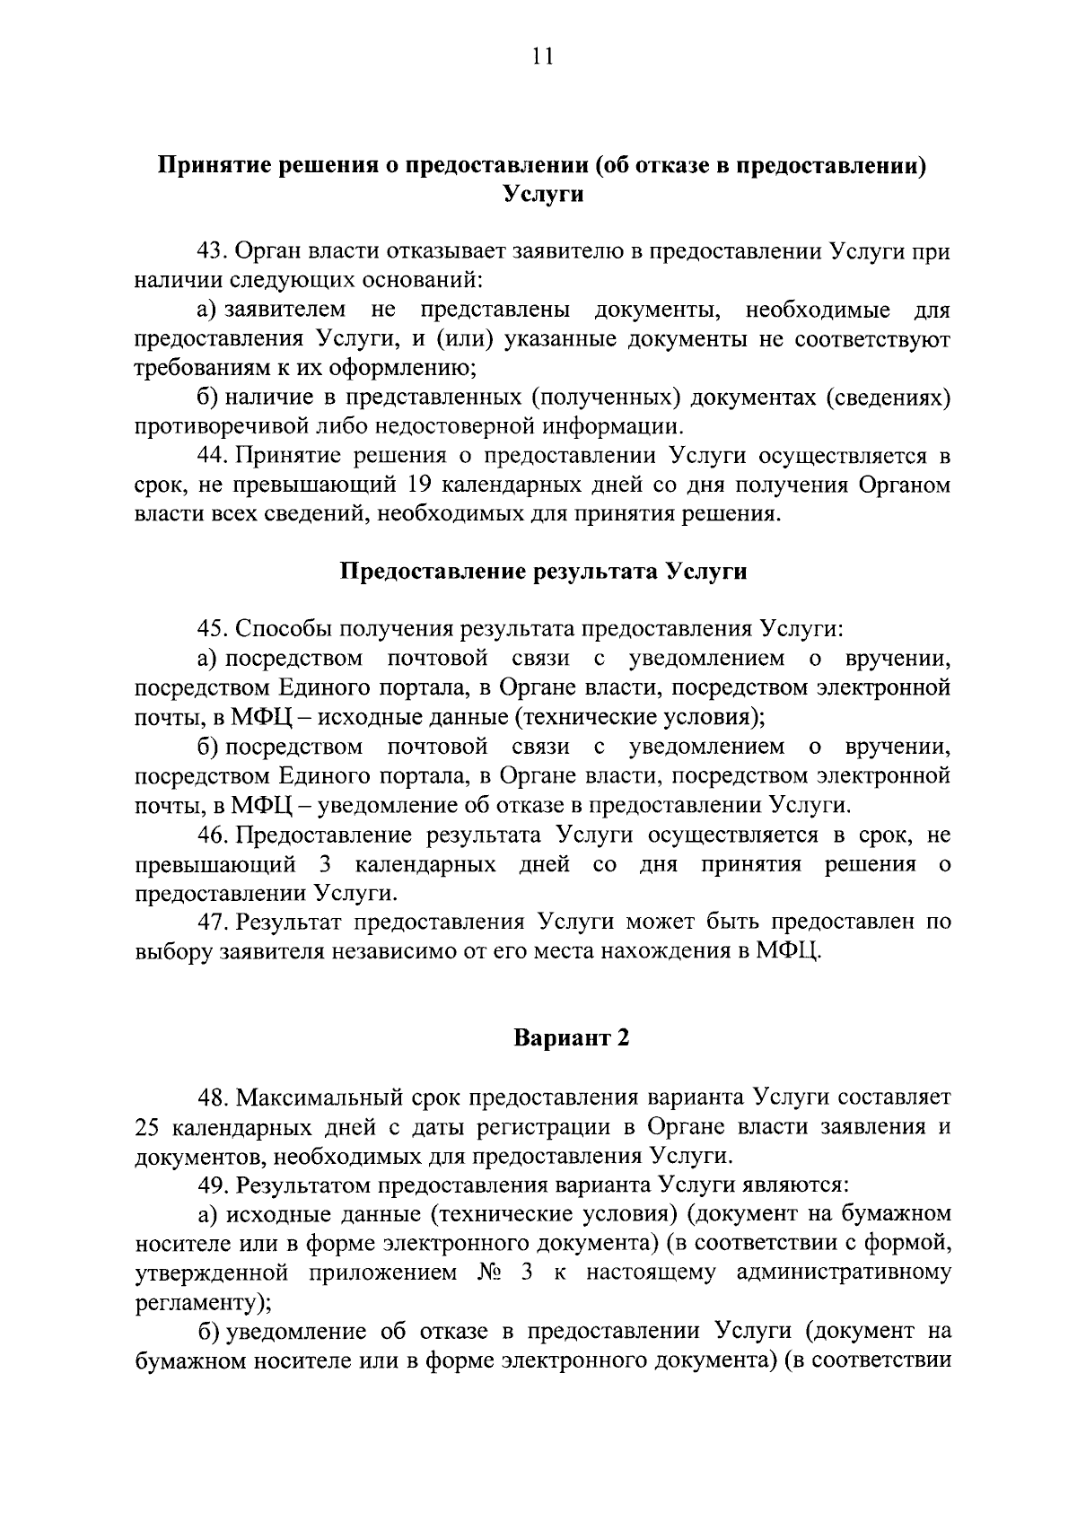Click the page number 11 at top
point(542,56)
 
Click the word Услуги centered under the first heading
point(542,194)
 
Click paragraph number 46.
point(214,835)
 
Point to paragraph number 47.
point(214,922)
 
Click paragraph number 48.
point(214,1098)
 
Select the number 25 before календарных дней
point(146,1127)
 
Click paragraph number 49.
point(214,1185)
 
